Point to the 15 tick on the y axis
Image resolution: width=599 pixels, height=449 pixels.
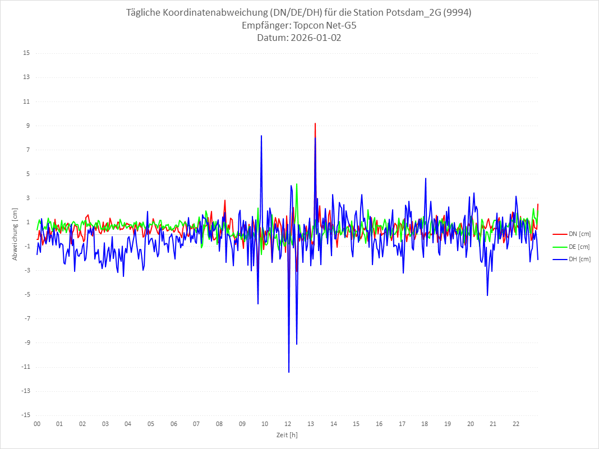[x=26, y=53]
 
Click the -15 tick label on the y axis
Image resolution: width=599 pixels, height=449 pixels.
[x=25, y=415]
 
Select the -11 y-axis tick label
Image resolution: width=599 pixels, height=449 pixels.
[x=25, y=367]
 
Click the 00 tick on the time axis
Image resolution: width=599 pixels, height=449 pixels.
[x=37, y=424]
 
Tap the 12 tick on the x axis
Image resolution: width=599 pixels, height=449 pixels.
[x=288, y=424]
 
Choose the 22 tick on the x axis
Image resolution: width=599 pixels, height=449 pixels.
[x=516, y=424]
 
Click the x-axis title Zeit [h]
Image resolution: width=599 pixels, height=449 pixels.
[x=287, y=435]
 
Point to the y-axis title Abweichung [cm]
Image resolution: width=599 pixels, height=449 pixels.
[x=15, y=234]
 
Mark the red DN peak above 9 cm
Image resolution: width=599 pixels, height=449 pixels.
[x=315, y=123]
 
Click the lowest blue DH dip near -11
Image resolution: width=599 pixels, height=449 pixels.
[x=289, y=372]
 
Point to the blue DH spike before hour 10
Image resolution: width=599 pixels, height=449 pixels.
[x=261, y=136]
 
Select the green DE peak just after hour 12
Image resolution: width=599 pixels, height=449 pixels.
[x=297, y=184]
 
